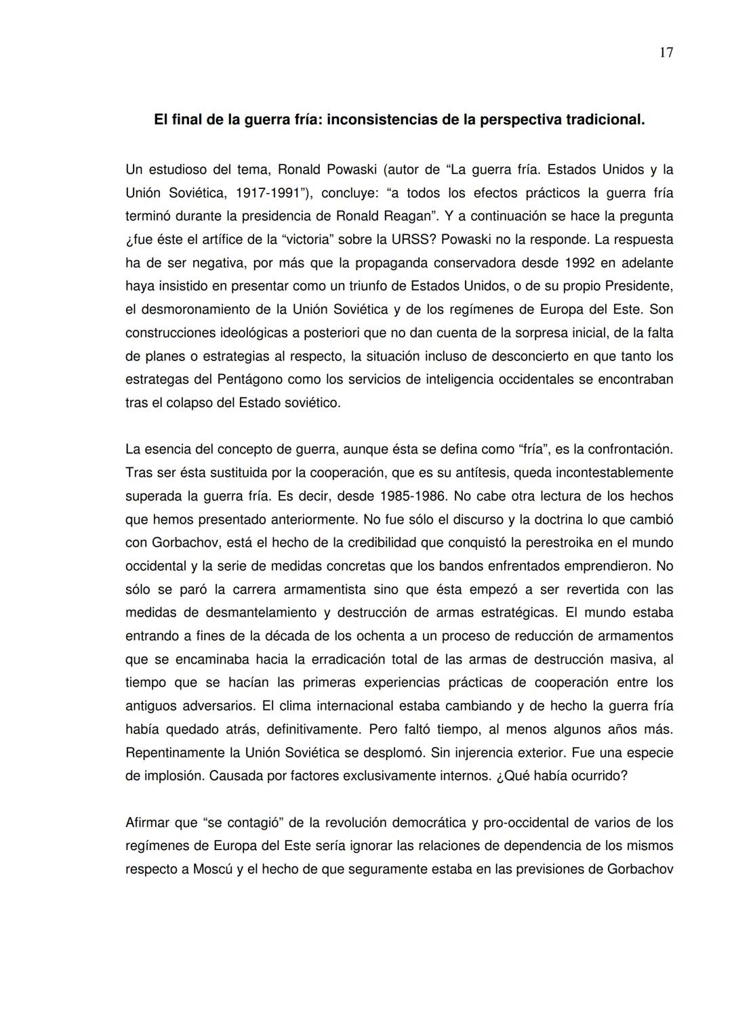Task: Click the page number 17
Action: [x=666, y=53]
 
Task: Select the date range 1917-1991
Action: [x=267, y=193]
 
